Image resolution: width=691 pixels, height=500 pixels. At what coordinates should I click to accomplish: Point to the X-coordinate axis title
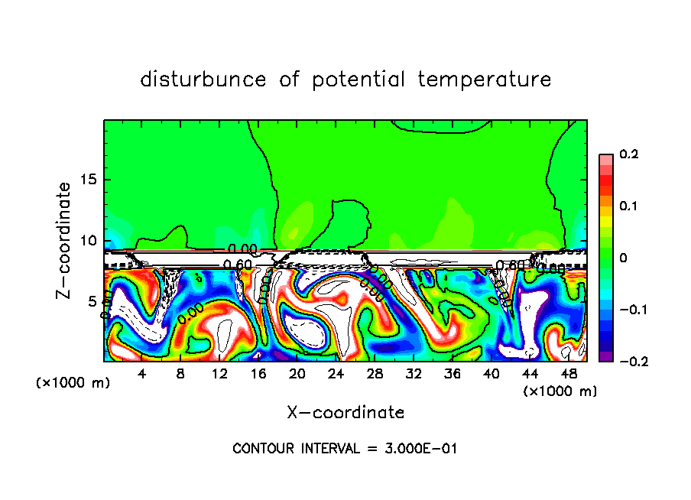click(345, 413)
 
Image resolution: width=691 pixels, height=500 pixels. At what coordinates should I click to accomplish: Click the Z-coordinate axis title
click(65, 240)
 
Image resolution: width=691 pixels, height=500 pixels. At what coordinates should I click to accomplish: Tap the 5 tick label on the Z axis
click(92, 300)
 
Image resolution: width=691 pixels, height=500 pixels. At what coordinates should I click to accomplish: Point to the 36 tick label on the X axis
click(453, 374)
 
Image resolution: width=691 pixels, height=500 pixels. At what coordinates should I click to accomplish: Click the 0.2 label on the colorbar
click(628, 154)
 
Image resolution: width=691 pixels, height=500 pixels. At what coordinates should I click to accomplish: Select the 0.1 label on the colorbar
click(628, 206)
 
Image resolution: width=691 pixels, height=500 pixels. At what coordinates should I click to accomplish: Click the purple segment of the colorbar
click(605, 356)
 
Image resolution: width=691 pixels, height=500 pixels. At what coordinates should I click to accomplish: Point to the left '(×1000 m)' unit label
click(73, 383)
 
